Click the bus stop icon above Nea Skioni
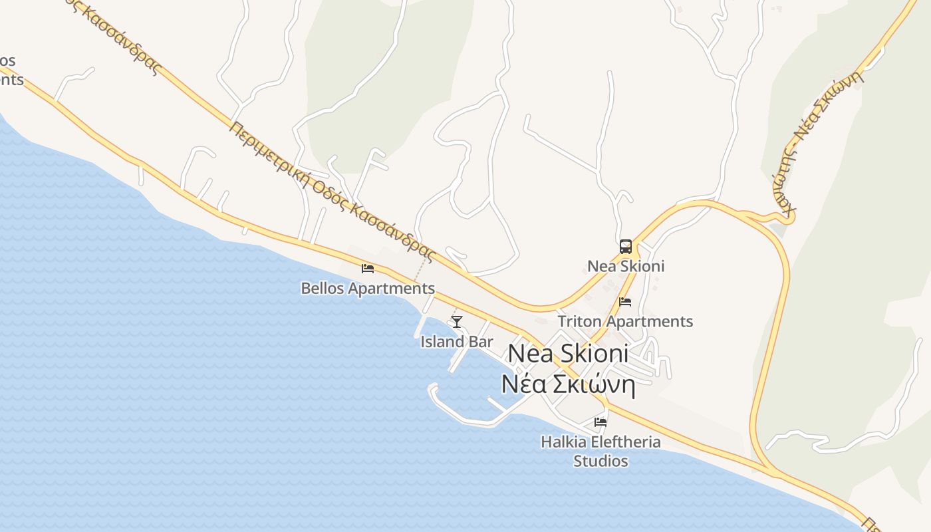coord(626,247)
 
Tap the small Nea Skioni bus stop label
coord(625,267)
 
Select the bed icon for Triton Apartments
coord(625,302)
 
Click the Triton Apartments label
coord(625,322)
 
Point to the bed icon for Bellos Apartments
coord(367,269)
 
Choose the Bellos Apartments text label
coord(368,289)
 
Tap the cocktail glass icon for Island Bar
coord(457,323)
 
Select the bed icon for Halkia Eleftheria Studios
coord(600,422)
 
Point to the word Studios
coord(600,461)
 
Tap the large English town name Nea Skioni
coord(568,354)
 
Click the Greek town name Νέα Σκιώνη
coord(568,385)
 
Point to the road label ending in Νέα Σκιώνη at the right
coord(825,120)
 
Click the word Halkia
coord(563,442)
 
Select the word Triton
coord(579,322)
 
